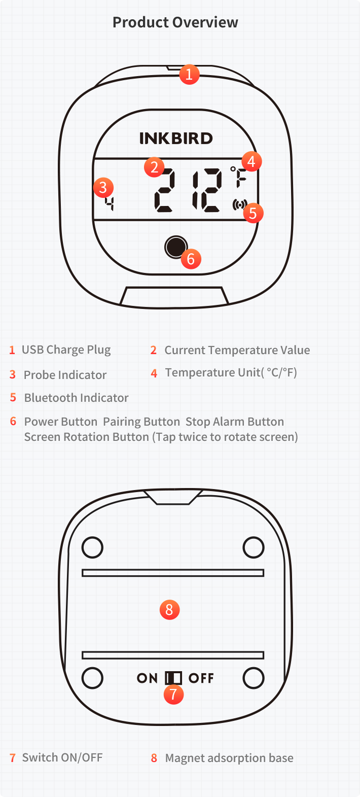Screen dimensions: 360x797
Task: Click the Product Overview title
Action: [x=175, y=22]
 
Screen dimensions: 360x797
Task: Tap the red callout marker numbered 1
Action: [x=189, y=75]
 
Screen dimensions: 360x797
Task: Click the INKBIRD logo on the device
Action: [x=176, y=138]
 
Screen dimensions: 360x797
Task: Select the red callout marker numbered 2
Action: [x=154, y=167]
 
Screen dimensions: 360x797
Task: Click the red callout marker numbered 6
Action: [x=191, y=259]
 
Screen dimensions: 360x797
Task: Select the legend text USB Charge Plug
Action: [x=66, y=350]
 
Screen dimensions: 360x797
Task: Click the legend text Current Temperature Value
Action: [x=237, y=350]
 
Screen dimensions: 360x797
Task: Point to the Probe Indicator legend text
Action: [x=65, y=375]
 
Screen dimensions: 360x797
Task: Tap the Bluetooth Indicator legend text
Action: [x=76, y=398]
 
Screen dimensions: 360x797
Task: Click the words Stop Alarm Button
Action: [x=235, y=422]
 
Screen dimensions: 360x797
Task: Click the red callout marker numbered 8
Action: [x=169, y=609]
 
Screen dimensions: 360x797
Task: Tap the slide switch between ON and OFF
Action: [x=173, y=678]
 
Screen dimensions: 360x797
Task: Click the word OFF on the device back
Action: [x=201, y=678]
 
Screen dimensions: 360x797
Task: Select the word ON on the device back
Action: [x=147, y=678]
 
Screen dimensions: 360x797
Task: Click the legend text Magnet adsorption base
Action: [x=229, y=758]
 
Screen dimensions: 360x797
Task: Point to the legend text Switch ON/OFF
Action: [x=62, y=758]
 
